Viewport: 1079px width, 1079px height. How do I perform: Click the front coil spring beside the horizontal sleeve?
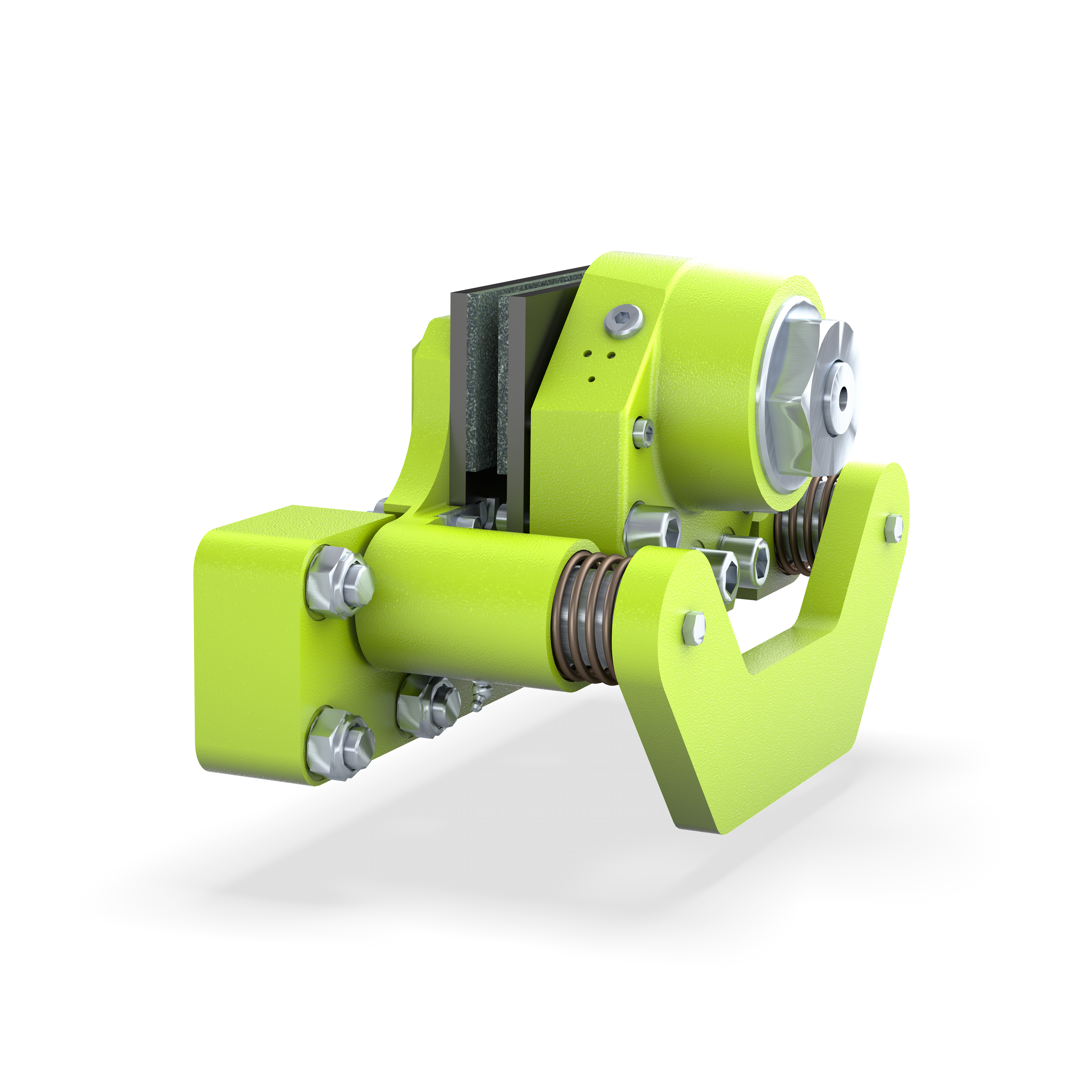coord(586,617)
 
